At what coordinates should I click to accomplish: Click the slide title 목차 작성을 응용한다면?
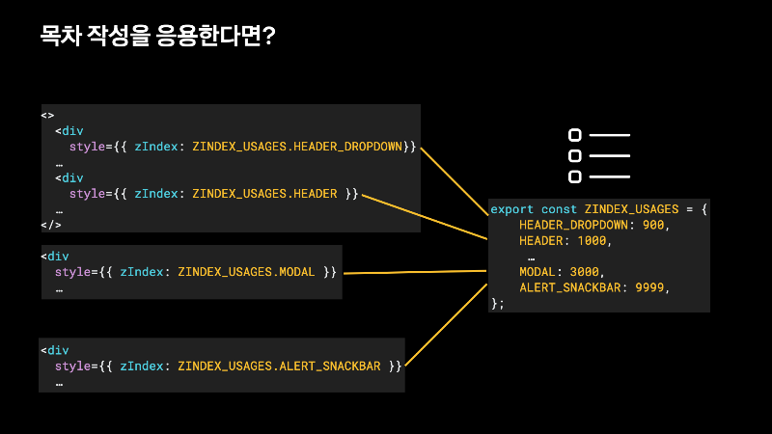pos(157,38)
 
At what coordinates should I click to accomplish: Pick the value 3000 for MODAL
pos(586,272)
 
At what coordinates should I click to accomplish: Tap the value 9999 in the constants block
pos(651,287)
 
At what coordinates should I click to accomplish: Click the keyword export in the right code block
pos(511,209)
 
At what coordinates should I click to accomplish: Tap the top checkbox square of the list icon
pos(575,135)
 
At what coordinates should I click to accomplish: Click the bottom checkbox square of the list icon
pos(575,176)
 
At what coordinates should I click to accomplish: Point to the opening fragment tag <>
pos(47,116)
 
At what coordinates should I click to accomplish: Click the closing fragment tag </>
pos(50,225)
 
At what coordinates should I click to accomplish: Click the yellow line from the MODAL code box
pos(415,273)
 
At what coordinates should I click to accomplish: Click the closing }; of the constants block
pos(498,303)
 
